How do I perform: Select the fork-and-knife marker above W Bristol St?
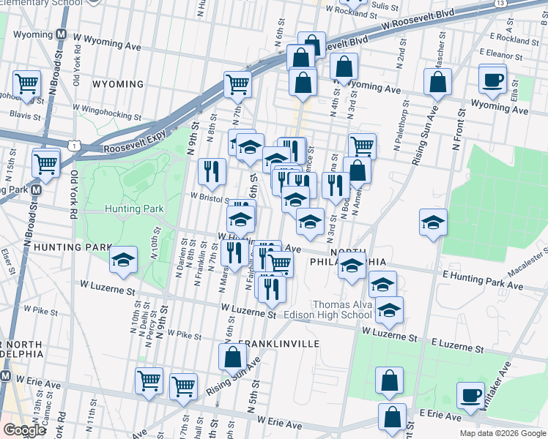tap(212, 172)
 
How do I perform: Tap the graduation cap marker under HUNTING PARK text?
tap(123, 260)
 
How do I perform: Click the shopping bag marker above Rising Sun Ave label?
tap(232, 357)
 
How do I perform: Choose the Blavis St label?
tap(25, 116)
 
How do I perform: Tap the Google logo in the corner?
tap(24, 430)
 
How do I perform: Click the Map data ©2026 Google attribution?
tap(502, 433)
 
